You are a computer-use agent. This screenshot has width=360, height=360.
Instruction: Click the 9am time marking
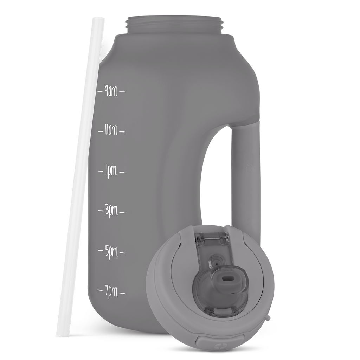[111, 91]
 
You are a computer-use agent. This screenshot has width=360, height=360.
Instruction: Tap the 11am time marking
[111, 131]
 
